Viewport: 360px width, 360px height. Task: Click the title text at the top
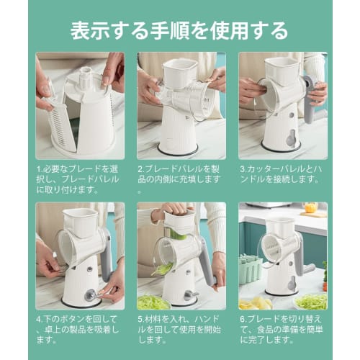coord(179,30)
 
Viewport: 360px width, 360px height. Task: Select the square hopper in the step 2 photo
coord(181,72)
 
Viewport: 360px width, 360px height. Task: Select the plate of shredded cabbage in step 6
coord(310,301)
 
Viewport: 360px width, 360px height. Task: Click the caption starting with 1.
coord(78,179)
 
